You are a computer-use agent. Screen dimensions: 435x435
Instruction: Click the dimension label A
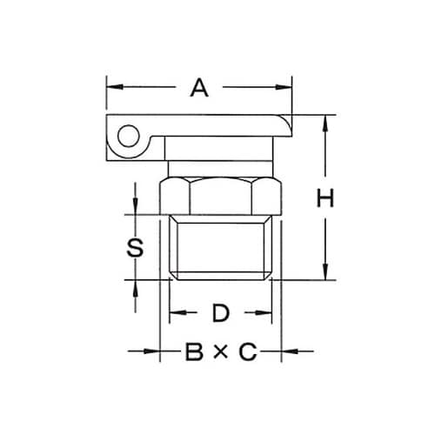pyautogui.click(x=200, y=87)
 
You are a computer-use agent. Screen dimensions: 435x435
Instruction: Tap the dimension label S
pyautogui.click(x=134, y=247)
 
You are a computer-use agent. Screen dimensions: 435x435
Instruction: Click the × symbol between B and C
pyautogui.click(x=220, y=352)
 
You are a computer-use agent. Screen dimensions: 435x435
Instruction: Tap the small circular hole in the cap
pyautogui.click(x=129, y=136)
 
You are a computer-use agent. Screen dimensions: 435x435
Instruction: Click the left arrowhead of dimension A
pyautogui.click(x=111, y=87)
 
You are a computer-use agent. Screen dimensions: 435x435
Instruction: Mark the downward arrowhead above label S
pyautogui.click(x=134, y=208)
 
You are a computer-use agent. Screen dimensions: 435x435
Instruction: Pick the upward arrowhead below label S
pyautogui.click(x=134, y=286)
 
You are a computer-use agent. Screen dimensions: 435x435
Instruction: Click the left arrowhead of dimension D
pyautogui.click(x=174, y=311)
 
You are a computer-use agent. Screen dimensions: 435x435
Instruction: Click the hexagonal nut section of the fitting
pyautogui.click(x=220, y=193)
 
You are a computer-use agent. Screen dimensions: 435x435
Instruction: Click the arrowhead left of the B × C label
pyautogui.click(x=154, y=351)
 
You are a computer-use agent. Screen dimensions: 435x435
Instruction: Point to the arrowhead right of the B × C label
pyautogui.click(x=286, y=351)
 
